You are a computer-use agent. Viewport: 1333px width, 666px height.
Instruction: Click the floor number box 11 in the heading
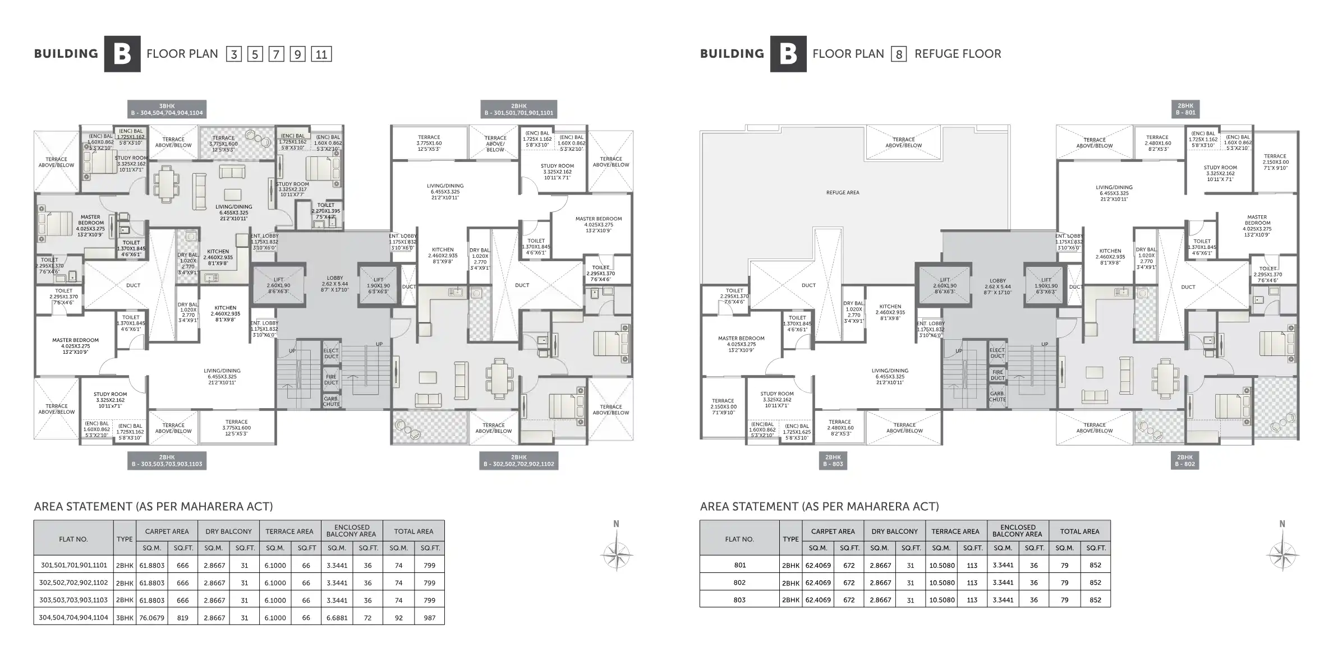click(321, 54)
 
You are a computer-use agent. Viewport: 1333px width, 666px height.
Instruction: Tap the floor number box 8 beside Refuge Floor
click(899, 54)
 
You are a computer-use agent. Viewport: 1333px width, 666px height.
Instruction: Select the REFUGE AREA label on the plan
click(842, 192)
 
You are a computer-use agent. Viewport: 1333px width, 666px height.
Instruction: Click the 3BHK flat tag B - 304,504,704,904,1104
click(167, 109)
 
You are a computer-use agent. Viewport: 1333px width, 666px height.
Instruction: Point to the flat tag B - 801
click(1185, 109)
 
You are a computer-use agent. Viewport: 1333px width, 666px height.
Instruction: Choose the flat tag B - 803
click(833, 461)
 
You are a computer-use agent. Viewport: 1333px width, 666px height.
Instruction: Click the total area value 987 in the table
click(429, 618)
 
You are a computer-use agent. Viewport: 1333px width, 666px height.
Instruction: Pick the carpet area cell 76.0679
click(151, 618)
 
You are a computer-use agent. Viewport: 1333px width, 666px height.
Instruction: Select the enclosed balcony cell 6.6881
click(337, 618)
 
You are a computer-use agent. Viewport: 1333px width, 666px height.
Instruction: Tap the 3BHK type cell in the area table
click(125, 618)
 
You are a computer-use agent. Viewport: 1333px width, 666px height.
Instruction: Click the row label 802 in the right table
click(739, 582)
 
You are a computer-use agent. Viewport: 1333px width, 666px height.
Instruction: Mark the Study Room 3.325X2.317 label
click(292, 189)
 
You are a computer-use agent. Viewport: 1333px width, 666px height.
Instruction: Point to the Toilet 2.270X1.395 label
click(326, 211)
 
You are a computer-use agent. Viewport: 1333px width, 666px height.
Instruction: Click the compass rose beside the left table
click(616, 555)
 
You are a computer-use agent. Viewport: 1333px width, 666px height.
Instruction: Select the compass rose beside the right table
click(1282, 555)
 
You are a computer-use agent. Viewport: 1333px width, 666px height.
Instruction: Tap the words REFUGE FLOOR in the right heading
click(958, 54)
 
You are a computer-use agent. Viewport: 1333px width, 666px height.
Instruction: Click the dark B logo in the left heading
click(122, 54)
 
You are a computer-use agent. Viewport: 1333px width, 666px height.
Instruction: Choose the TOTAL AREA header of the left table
click(413, 531)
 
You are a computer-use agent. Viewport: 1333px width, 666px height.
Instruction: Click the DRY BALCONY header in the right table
click(895, 531)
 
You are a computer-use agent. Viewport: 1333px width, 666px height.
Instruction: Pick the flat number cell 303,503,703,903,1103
click(73, 600)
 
